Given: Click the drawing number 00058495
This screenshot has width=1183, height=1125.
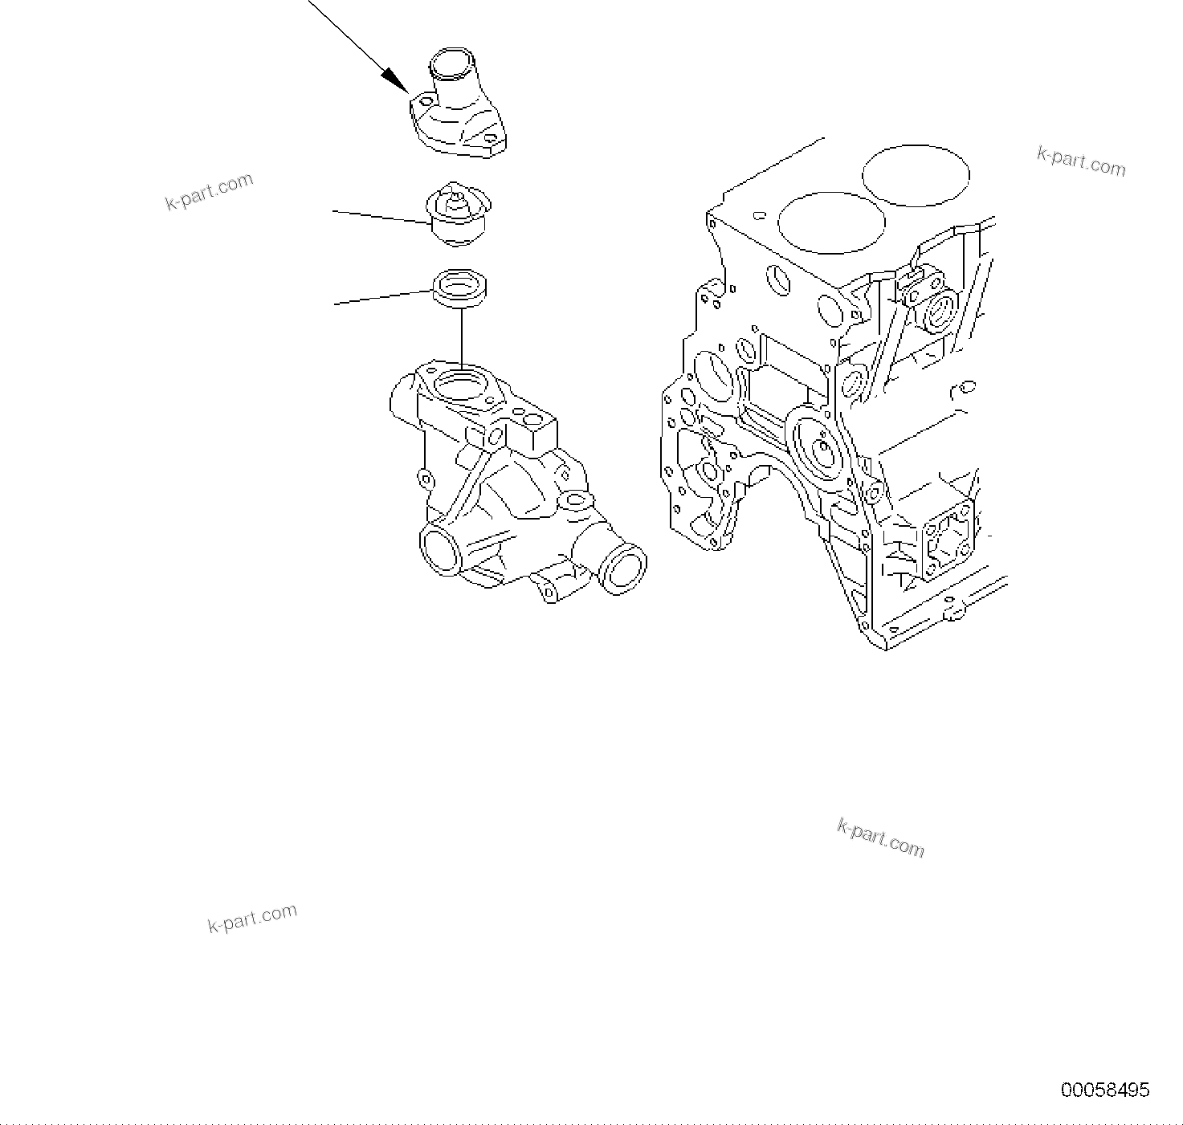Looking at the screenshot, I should (1105, 1090).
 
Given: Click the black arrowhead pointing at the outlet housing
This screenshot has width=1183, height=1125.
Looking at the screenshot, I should (394, 79).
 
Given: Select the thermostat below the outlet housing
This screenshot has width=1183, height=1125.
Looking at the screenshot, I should (458, 214).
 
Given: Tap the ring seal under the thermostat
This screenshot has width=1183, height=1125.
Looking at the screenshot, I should (461, 287).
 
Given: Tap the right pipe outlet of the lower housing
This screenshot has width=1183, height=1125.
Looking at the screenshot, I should (622, 568).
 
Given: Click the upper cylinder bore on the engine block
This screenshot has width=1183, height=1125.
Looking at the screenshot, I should (916, 175).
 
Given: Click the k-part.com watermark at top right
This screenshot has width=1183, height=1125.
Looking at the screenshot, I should (1082, 161).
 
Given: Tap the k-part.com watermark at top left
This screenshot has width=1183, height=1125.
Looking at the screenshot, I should (209, 192).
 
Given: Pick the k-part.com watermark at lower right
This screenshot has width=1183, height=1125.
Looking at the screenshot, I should (880, 838).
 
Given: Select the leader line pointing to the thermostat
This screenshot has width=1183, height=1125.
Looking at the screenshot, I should (381, 216).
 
